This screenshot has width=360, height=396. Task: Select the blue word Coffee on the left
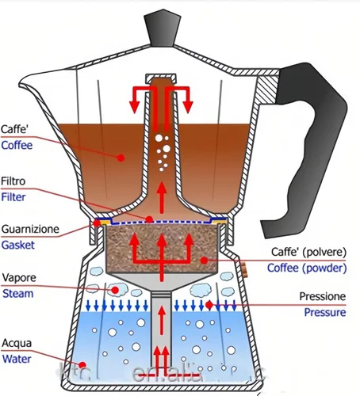click(18, 145)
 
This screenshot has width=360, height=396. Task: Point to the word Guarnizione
click(30, 229)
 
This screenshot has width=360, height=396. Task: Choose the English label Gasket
click(18, 245)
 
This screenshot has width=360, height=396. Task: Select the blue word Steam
click(17, 294)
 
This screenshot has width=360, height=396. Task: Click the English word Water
click(17, 358)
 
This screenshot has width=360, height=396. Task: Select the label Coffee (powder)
click(309, 268)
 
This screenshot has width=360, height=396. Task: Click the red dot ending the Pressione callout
click(209, 304)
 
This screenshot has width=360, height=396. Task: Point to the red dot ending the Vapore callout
click(114, 291)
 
